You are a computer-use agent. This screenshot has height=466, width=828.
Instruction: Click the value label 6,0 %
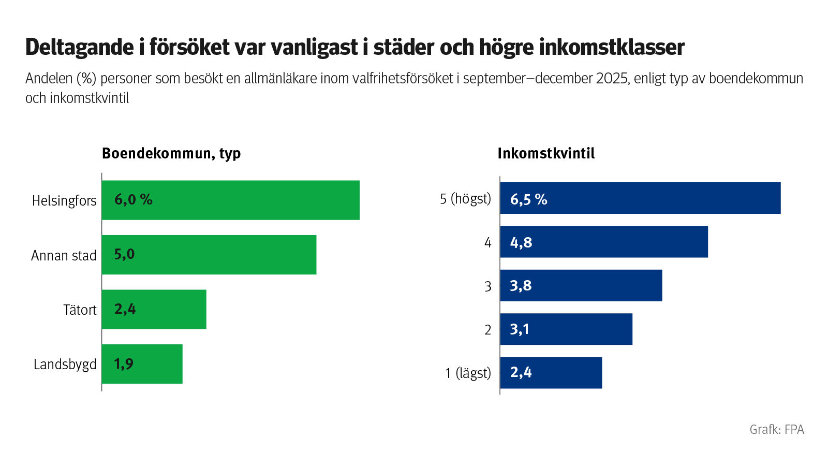(133, 200)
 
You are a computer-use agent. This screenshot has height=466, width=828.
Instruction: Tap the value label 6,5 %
(528, 199)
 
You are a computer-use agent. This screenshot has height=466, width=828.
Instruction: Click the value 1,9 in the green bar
(124, 364)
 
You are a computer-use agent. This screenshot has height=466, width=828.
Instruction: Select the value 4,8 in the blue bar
(521, 242)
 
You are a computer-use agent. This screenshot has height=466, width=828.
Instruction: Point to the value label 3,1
(520, 329)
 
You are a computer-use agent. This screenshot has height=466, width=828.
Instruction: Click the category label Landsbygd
(65, 365)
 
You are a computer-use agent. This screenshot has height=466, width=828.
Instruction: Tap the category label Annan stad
(64, 256)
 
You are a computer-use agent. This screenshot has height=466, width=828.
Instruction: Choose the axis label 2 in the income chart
(487, 330)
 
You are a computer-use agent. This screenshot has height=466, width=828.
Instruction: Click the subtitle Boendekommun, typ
(171, 154)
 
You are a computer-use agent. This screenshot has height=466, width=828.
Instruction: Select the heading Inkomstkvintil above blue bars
(546, 154)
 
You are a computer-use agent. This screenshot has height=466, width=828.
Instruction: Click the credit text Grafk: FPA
(777, 430)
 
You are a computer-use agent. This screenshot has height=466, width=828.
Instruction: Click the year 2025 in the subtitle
(613, 79)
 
